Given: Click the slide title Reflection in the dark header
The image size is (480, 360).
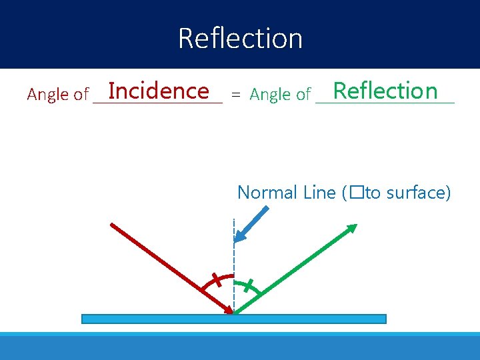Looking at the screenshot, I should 240,38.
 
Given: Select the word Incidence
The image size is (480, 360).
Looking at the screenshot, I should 159,91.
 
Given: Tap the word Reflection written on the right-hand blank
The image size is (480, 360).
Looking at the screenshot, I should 385,91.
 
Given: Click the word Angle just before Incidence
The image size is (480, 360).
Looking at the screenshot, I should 47,95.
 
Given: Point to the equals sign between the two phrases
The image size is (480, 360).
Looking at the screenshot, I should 235,95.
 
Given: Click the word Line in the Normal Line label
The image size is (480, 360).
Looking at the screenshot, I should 319,193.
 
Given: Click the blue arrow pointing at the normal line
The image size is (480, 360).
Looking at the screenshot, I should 253,223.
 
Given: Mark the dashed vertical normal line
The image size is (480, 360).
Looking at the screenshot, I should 234,253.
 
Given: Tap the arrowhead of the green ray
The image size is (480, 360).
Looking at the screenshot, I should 351,229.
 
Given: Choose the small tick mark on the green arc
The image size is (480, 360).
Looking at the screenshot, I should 249,286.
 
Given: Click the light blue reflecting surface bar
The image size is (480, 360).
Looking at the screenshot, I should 233,319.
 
